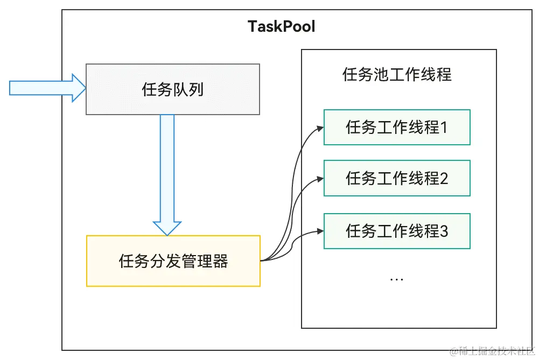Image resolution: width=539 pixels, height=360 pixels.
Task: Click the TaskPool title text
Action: click(281, 26)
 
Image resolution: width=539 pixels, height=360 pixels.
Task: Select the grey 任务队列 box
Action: click(173, 89)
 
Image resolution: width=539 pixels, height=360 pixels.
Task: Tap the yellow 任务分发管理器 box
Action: click(173, 261)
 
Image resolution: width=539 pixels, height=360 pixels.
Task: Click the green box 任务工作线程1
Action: click(397, 128)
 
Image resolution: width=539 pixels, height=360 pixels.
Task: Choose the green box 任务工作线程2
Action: click(397, 178)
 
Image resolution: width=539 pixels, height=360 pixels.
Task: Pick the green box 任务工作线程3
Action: click(397, 231)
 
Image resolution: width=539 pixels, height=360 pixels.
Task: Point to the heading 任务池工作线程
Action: click(397, 74)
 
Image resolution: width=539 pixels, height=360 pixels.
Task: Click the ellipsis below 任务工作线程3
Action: click(396, 279)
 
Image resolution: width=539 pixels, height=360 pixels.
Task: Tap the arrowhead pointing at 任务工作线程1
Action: click(320, 128)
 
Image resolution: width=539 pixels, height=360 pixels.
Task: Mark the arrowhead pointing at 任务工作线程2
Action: click(320, 179)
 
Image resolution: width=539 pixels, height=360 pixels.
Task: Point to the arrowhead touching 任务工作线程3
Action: click(320, 231)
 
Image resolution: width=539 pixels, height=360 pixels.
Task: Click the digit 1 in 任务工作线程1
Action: click(444, 128)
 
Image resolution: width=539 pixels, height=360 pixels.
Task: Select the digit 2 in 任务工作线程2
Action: click(444, 178)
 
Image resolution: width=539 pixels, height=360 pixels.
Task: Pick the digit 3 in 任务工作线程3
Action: click(444, 231)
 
